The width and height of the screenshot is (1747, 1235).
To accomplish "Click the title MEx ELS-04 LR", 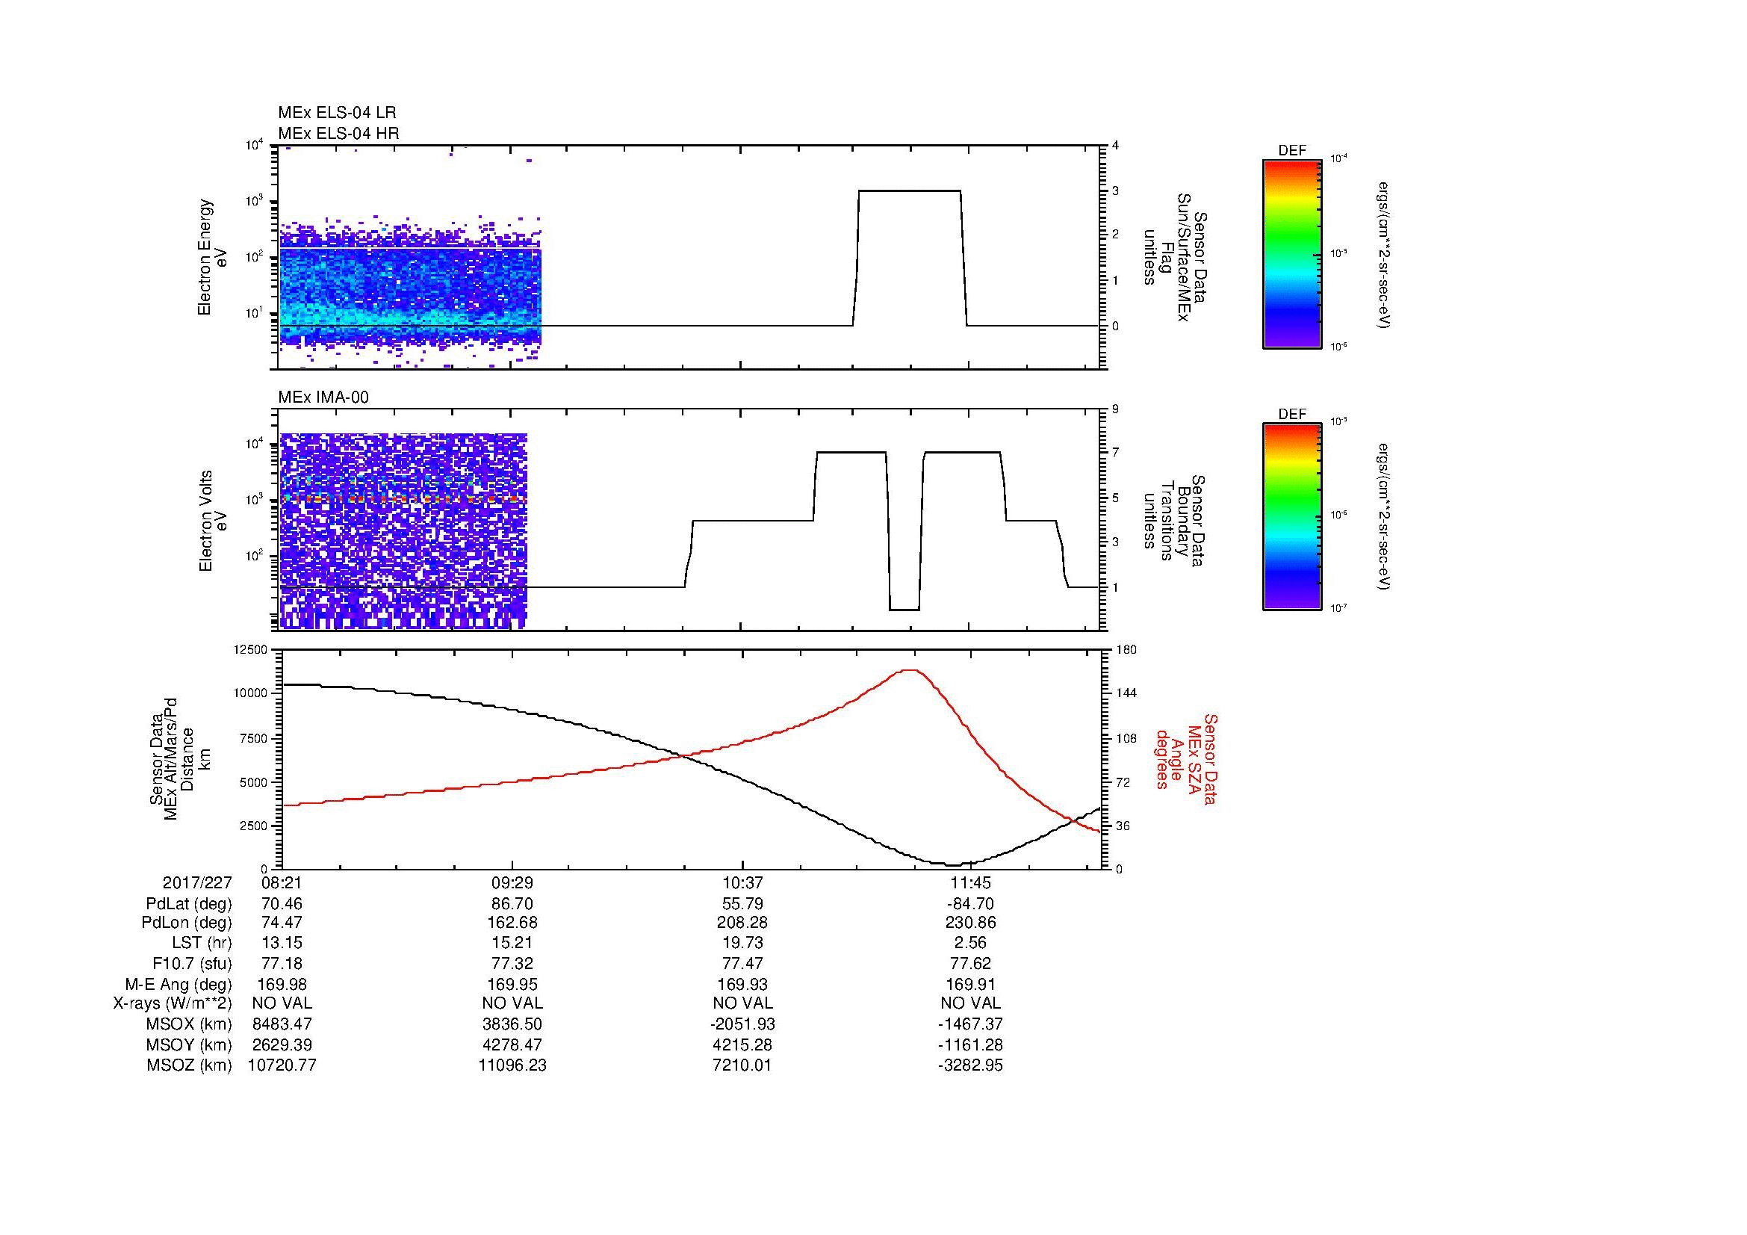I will point(337,113).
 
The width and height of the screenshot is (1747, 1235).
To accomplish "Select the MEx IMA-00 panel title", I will point(323,397).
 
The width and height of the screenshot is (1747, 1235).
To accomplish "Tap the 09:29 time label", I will point(512,883).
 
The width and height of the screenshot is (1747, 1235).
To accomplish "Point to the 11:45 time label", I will point(970,883).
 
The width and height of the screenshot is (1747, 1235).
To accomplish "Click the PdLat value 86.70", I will point(512,904).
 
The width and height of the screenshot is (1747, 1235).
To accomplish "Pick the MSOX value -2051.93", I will point(742,1024).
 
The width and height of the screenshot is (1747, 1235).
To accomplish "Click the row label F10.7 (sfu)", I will point(192,963).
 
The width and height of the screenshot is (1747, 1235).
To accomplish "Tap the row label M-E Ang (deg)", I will point(179,984).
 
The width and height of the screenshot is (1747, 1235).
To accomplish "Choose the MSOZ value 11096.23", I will point(512,1065).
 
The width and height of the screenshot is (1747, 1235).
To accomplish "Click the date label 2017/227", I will point(197,883).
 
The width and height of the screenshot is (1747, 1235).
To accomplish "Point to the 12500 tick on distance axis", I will point(250,650).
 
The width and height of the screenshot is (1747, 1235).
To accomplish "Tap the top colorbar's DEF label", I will point(1292,152).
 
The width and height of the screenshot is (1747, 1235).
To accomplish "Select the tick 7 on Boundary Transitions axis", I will point(1115,453).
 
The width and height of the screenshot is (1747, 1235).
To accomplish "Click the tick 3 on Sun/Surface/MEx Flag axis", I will point(1115,191).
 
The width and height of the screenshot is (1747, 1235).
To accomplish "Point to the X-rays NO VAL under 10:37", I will point(742,1003).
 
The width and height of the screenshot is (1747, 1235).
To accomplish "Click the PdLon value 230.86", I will point(970,923).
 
